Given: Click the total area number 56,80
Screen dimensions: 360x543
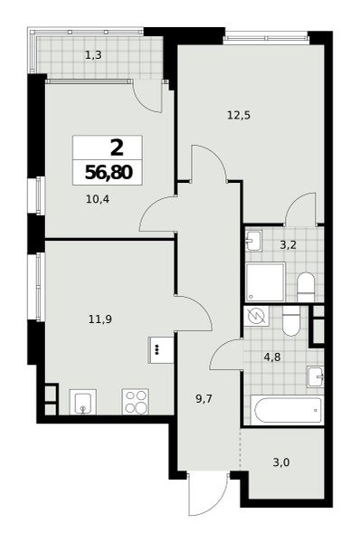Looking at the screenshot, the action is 109,172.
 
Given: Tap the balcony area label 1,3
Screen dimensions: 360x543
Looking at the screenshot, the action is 93,54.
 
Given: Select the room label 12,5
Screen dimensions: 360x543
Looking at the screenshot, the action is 239,115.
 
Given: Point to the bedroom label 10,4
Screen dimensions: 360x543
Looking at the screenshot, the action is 98,199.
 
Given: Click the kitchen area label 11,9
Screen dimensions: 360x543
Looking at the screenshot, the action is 100,319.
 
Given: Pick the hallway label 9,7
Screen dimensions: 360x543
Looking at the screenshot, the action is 204,399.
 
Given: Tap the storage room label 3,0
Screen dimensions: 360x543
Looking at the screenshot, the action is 281,462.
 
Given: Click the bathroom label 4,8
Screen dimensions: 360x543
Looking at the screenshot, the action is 272,357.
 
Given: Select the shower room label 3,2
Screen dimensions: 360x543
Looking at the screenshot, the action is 288,245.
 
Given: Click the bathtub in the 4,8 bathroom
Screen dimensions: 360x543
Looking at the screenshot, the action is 289,410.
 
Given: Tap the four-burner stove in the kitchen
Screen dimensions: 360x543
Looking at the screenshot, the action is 136,401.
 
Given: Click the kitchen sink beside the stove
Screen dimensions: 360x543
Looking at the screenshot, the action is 82,402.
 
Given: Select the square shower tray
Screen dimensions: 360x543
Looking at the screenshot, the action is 266,281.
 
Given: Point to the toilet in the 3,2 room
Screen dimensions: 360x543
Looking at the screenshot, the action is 306,287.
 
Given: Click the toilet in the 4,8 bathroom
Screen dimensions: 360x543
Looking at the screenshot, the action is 291,321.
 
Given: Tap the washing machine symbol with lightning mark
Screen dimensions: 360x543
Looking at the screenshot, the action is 257,316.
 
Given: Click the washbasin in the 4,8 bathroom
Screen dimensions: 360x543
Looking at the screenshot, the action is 316,376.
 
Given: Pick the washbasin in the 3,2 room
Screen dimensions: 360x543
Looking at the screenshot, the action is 254,240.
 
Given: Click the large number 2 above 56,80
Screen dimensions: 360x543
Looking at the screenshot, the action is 117,148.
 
